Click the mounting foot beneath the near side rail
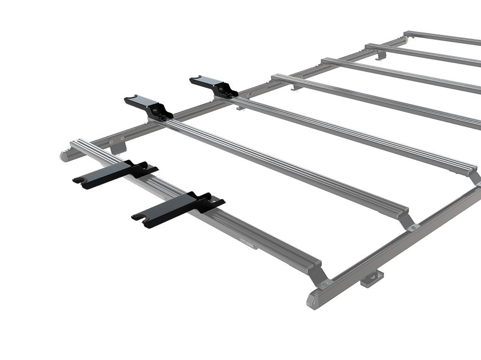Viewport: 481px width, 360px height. coord(372,277)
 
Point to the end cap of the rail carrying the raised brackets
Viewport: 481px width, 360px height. coord(65,155)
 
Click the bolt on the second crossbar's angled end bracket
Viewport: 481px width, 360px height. coord(413,228)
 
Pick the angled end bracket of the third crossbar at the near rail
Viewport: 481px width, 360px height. coord(475,177)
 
